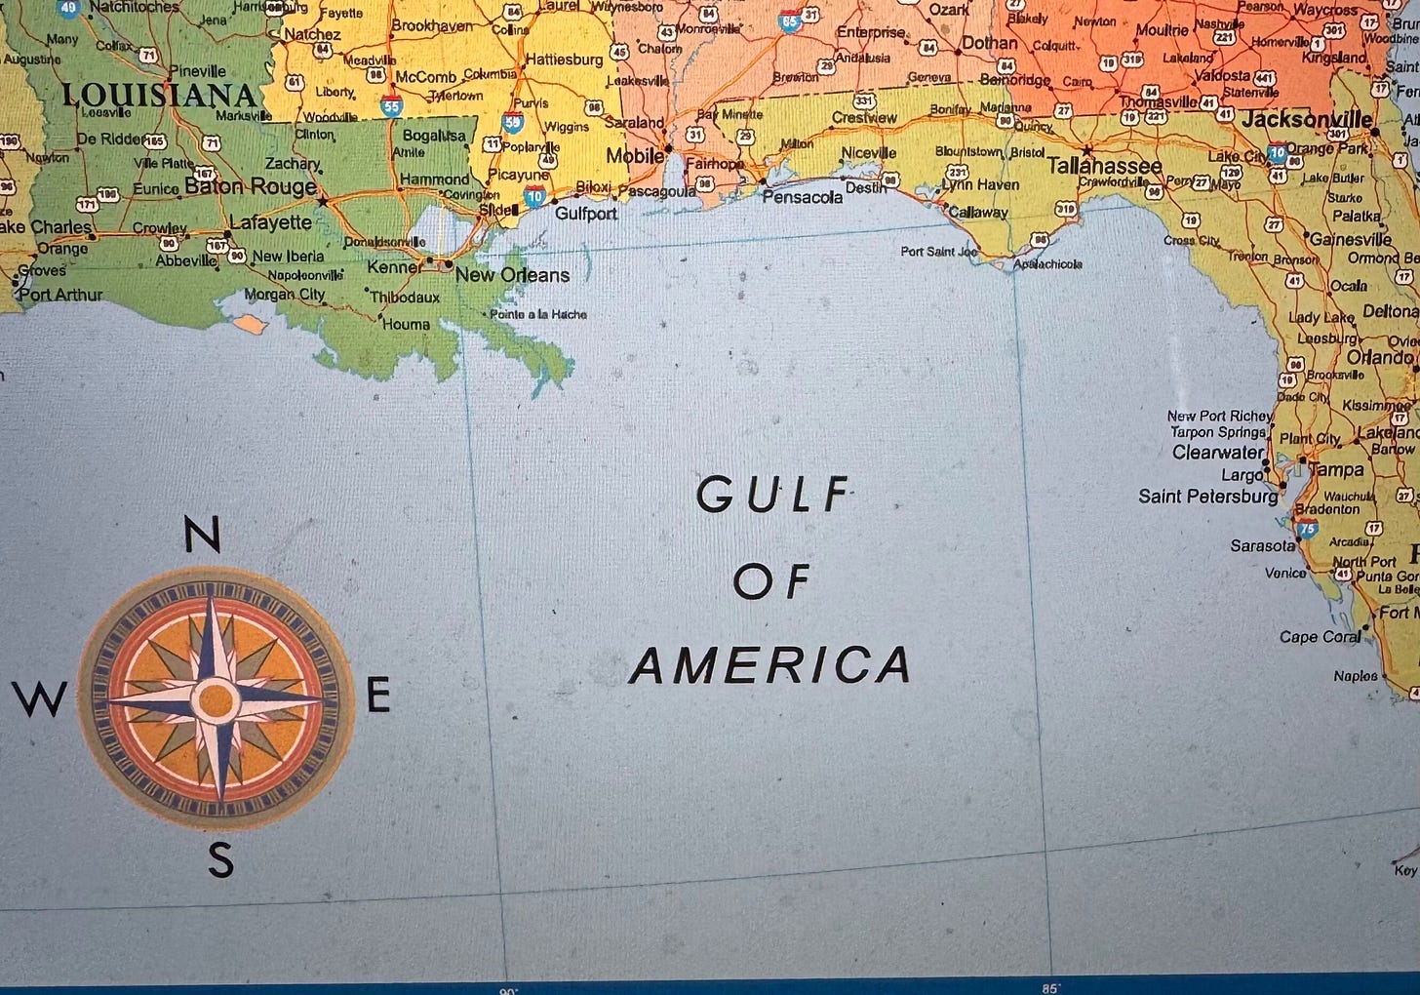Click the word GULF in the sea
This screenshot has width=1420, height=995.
pos(773,496)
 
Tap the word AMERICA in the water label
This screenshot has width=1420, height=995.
pos(770,666)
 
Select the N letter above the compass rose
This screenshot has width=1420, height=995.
pos(202,536)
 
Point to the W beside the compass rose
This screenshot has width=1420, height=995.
pos(39,698)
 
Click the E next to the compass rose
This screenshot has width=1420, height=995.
pos(378,696)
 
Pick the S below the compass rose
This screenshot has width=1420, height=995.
pos(221,860)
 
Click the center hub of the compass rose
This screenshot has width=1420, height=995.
pos(216,699)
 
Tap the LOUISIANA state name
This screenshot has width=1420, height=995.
pos(159,96)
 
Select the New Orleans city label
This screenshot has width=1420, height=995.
pos(512,275)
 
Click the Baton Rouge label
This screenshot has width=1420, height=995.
pos(251,186)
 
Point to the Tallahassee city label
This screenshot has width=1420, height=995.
pos(1105,166)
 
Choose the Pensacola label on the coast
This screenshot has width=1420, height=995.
pos(802,197)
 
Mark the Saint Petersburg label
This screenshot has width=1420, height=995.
pos(1207,497)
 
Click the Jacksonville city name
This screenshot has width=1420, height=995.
pos(1306,121)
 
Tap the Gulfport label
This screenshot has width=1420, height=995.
pos(585,214)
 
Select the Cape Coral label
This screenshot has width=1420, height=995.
pos(1320,637)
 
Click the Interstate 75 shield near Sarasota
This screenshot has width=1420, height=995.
pos(1307,530)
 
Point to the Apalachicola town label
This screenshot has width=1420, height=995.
pos(1047,264)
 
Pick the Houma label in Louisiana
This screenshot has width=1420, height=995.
pos(406,325)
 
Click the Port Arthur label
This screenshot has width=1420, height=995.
pos(60,294)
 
